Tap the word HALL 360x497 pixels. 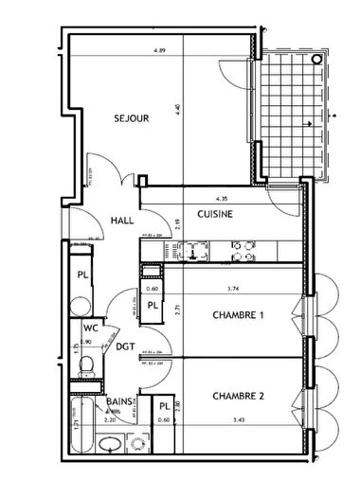click(x=121, y=216)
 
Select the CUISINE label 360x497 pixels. click(x=215, y=215)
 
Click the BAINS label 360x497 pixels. click(x=119, y=402)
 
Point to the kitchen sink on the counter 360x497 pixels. click(x=194, y=251)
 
